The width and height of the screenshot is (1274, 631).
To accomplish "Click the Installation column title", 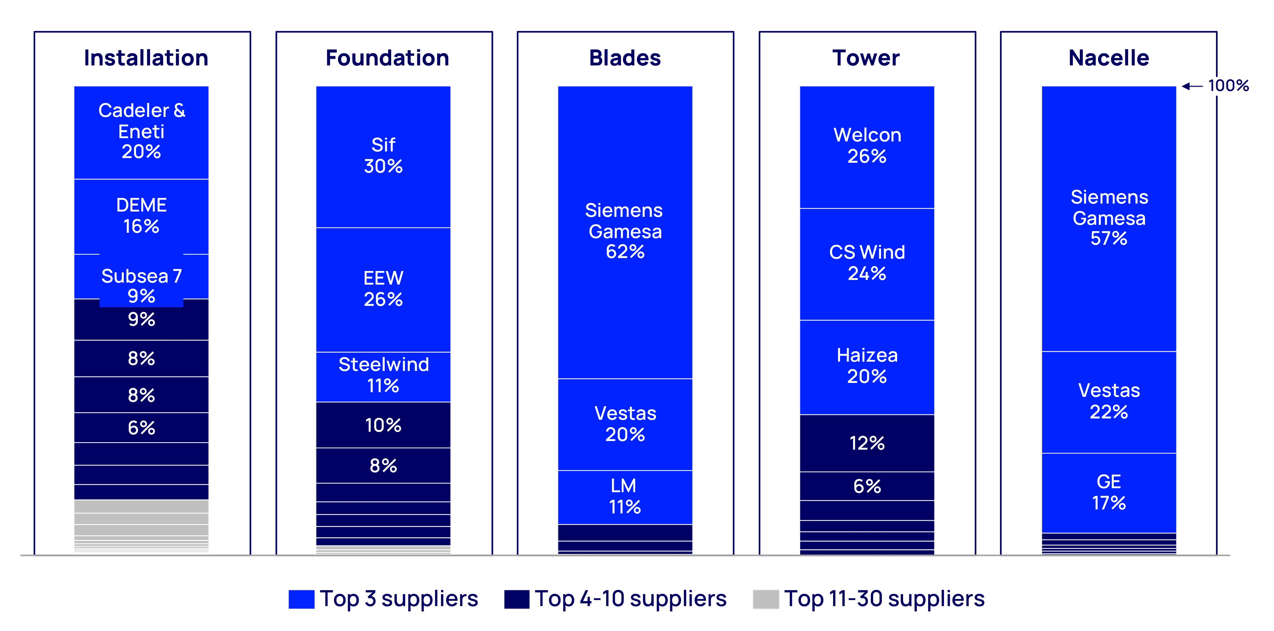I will tap(146, 58).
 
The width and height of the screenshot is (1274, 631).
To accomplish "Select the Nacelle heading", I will tap(1108, 58).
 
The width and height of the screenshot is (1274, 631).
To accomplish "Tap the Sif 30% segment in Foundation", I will tap(383, 156).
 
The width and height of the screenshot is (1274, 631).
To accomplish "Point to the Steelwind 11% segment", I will tap(383, 376).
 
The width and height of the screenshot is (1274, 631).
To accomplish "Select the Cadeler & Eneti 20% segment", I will tap(141, 131).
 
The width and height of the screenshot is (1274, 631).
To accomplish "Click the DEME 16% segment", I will tap(141, 216).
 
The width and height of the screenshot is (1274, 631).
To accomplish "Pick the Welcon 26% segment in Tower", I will tap(867, 146).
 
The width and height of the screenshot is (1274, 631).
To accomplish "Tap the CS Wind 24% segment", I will tap(867, 263).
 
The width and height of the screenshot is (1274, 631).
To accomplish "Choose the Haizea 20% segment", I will tap(867, 366).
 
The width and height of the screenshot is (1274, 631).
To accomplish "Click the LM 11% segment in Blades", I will tap(625, 496).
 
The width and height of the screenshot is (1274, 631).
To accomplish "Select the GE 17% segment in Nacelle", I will tap(1108, 493).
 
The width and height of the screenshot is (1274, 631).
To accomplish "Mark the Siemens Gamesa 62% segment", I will tap(625, 231).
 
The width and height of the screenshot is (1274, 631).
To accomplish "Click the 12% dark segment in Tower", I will tap(867, 443).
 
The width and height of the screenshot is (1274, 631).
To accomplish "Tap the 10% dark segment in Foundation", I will tap(383, 425).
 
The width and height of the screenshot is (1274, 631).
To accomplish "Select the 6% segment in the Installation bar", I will tap(141, 428).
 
